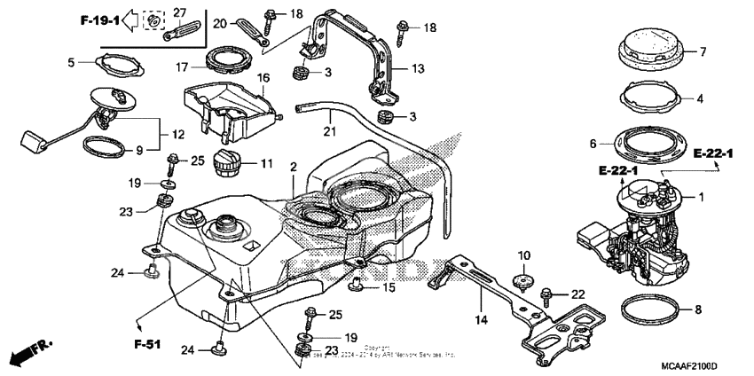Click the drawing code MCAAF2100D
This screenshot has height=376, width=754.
pos(688,365)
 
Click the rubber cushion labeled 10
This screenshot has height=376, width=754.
pos(523,281)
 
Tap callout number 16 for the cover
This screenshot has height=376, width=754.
pos(263,78)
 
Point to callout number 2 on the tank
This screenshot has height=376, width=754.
pos(293,167)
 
